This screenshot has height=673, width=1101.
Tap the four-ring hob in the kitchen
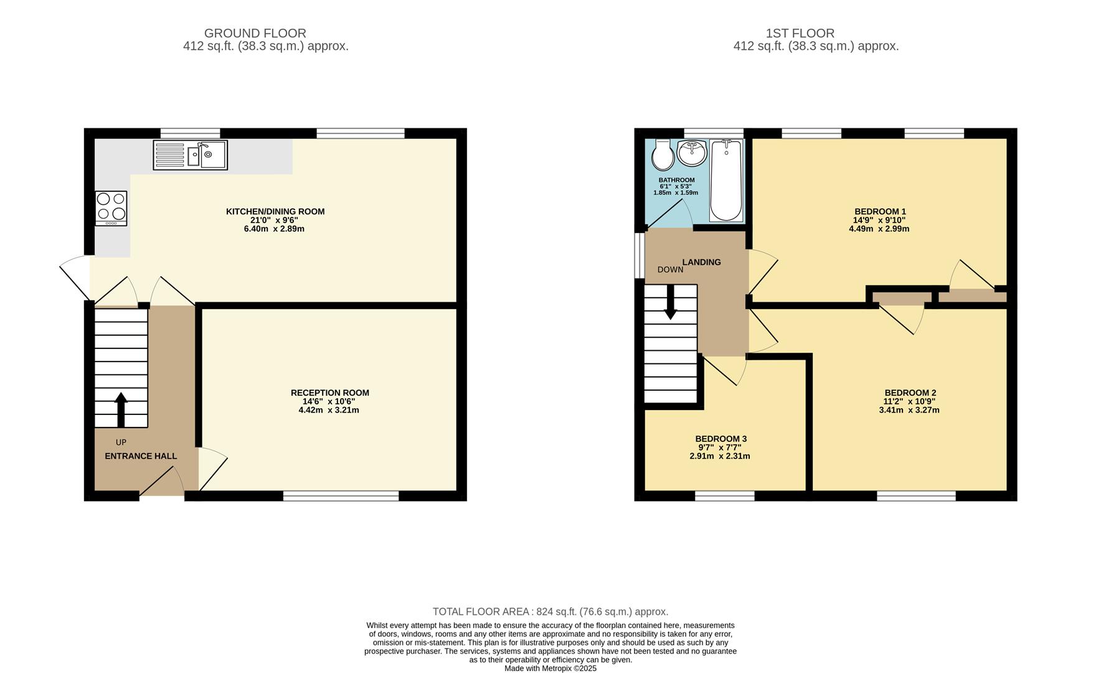click(x=111, y=208)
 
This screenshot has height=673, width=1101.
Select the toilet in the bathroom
click(x=663, y=155)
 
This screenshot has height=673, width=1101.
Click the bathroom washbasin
click(x=692, y=153)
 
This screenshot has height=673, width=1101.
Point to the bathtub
click(x=725, y=181)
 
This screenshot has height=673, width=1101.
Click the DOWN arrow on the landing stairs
click(x=670, y=303)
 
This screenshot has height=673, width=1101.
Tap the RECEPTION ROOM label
click(x=329, y=393)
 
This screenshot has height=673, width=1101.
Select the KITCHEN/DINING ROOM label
click(x=275, y=211)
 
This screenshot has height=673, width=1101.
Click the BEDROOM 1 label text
click(x=879, y=211)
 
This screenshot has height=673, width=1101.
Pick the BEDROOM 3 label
click(x=721, y=439)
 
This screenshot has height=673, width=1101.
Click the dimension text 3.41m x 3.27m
click(x=909, y=410)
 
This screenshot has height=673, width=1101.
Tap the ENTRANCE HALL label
click(x=141, y=456)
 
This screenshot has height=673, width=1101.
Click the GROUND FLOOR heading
click(x=255, y=33)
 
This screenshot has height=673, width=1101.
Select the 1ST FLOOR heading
click(x=800, y=33)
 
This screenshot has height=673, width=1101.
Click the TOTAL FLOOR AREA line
click(x=550, y=612)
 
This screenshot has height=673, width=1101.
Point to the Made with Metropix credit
click(x=550, y=668)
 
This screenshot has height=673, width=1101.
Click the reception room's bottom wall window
click(x=341, y=496)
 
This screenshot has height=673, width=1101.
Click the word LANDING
click(x=701, y=262)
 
